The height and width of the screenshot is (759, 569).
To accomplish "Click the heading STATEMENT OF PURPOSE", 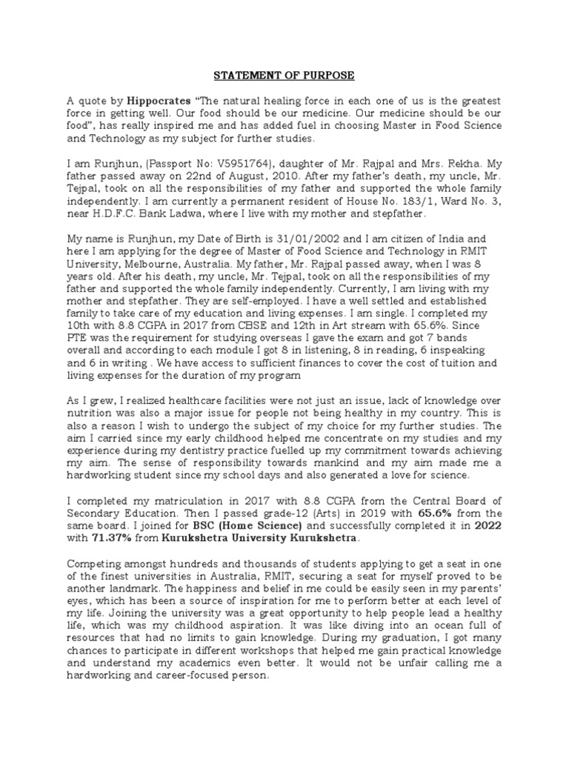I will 285,76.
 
